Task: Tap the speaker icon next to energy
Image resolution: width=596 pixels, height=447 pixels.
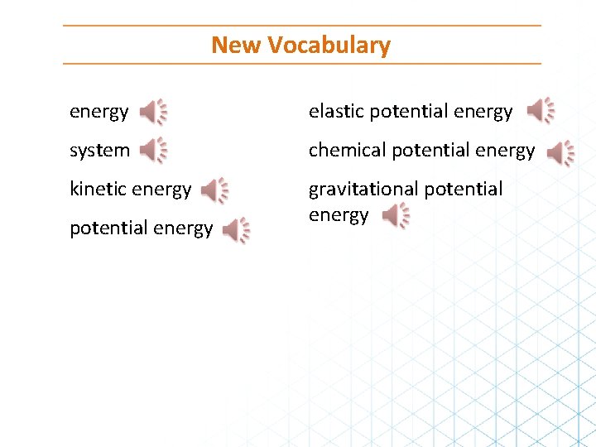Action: (x=152, y=111)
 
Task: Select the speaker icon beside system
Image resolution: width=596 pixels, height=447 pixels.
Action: (x=152, y=150)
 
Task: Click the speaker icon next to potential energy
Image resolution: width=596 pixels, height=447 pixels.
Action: (x=236, y=231)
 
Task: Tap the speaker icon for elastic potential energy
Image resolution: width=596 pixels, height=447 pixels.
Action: (x=541, y=110)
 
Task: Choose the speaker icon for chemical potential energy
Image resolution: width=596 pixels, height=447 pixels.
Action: (x=560, y=153)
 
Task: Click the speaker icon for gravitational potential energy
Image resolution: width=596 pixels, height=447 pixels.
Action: (x=395, y=216)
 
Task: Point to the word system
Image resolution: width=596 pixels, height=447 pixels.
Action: (x=99, y=151)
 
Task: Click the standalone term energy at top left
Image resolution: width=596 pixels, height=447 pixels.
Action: (x=99, y=112)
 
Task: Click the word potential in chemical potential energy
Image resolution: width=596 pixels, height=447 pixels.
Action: (x=425, y=150)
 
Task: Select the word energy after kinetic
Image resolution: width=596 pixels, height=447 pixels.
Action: (x=163, y=190)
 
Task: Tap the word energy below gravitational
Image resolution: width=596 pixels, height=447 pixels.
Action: (x=339, y=215)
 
